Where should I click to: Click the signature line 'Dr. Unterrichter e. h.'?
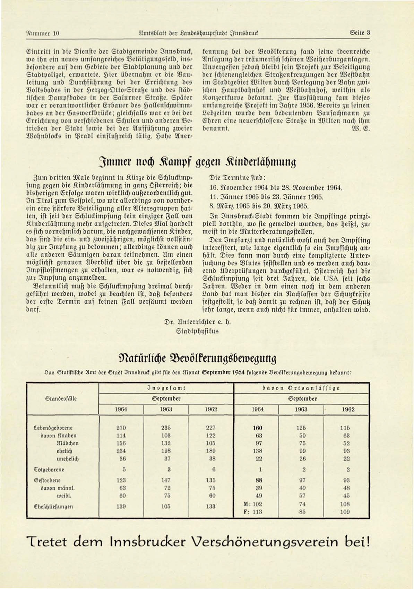click(197, 322)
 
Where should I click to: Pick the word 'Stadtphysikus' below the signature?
click(198, 331)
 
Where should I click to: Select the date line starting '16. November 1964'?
click(276, 188)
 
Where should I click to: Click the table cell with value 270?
click(121, 428)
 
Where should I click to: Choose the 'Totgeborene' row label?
click(49, 470)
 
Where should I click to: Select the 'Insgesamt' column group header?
click(166, 388)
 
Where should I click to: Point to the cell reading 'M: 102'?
click(253, 504)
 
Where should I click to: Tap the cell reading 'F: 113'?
click(253, 512)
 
